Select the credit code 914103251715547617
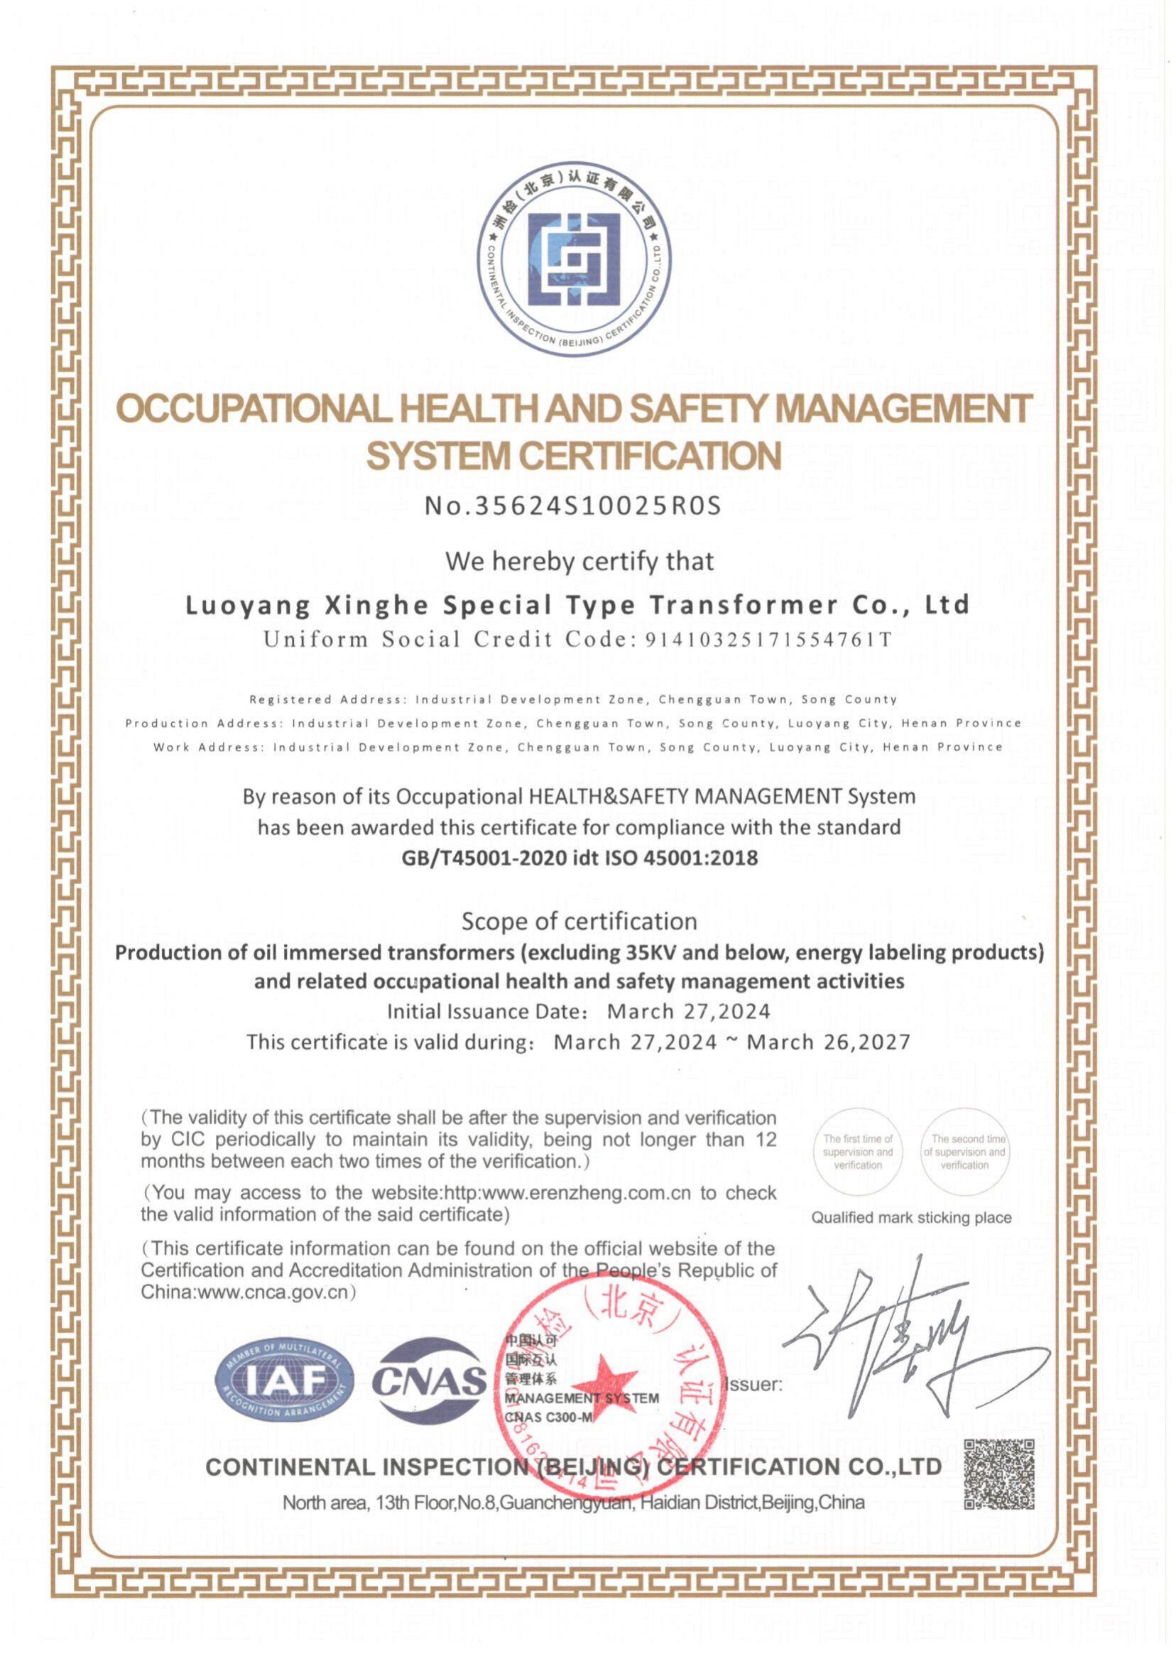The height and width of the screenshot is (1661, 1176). click(768, 640)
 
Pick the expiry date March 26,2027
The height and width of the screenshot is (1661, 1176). click(828, 1042)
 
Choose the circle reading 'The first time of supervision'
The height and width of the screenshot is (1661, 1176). click(858, 1152)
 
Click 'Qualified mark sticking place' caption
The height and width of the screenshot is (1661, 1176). click(911, 1218)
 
